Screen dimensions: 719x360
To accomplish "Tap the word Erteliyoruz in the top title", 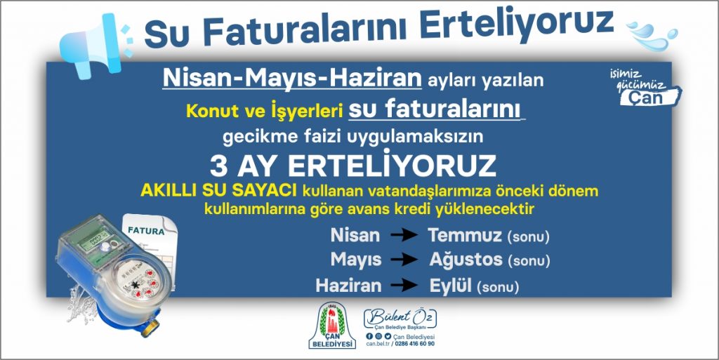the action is (517, 26).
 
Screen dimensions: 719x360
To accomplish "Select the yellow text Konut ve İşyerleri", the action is (258, 112).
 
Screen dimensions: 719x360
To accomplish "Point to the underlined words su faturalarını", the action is (435, 110).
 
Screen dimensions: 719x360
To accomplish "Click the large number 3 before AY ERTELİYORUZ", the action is (219, 166).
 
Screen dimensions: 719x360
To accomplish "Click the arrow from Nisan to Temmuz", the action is (404, 235).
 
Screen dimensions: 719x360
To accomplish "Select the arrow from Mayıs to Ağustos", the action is (404, 260).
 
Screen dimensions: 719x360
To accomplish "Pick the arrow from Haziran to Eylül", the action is (404, 285).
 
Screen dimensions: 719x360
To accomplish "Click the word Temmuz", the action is (465, 235).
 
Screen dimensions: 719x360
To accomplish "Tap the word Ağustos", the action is (466, 260).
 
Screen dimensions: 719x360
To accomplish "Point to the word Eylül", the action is (451, 285).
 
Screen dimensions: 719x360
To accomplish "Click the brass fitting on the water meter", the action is (150, 328).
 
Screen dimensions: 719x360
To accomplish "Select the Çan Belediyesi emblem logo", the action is (332, 326).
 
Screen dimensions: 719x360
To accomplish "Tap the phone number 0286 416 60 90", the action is (415, 344).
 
